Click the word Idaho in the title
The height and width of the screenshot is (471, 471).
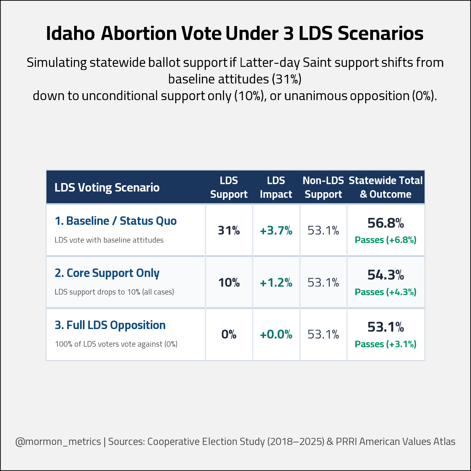tap(70, 33)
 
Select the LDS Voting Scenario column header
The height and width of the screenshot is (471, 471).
tap(107, 187)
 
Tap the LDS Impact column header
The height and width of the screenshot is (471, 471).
tap(276, 187)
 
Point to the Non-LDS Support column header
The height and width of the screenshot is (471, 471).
tap(323, 187)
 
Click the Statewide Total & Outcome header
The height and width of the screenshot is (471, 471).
tap(386, 187)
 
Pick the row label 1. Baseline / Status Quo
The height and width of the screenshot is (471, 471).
tap(116, 221)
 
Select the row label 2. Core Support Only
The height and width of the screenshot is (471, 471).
tap(107, 273)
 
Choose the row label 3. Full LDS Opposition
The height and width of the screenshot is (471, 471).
tap(110, 325)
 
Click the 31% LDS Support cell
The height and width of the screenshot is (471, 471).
tap(229, 230)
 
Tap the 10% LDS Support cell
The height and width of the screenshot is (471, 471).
tap(229, 283)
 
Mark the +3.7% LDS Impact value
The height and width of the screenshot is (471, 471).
tap(276, 230)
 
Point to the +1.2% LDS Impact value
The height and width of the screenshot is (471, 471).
tap(276, 283)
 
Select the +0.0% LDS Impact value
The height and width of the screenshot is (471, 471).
tap(276, 334)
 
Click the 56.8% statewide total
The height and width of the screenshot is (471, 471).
tap(386, 223)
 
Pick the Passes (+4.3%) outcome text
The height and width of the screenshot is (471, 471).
tap(386, 292)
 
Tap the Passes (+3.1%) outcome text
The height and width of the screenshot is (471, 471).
tap(386, 344)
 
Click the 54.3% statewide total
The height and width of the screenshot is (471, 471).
tap(386, 275)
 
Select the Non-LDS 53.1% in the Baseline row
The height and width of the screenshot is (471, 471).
tap(323, 230)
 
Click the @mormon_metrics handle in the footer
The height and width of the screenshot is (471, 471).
tap(58, 441)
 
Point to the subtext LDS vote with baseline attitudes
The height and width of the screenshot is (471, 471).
tap(109, 240)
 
